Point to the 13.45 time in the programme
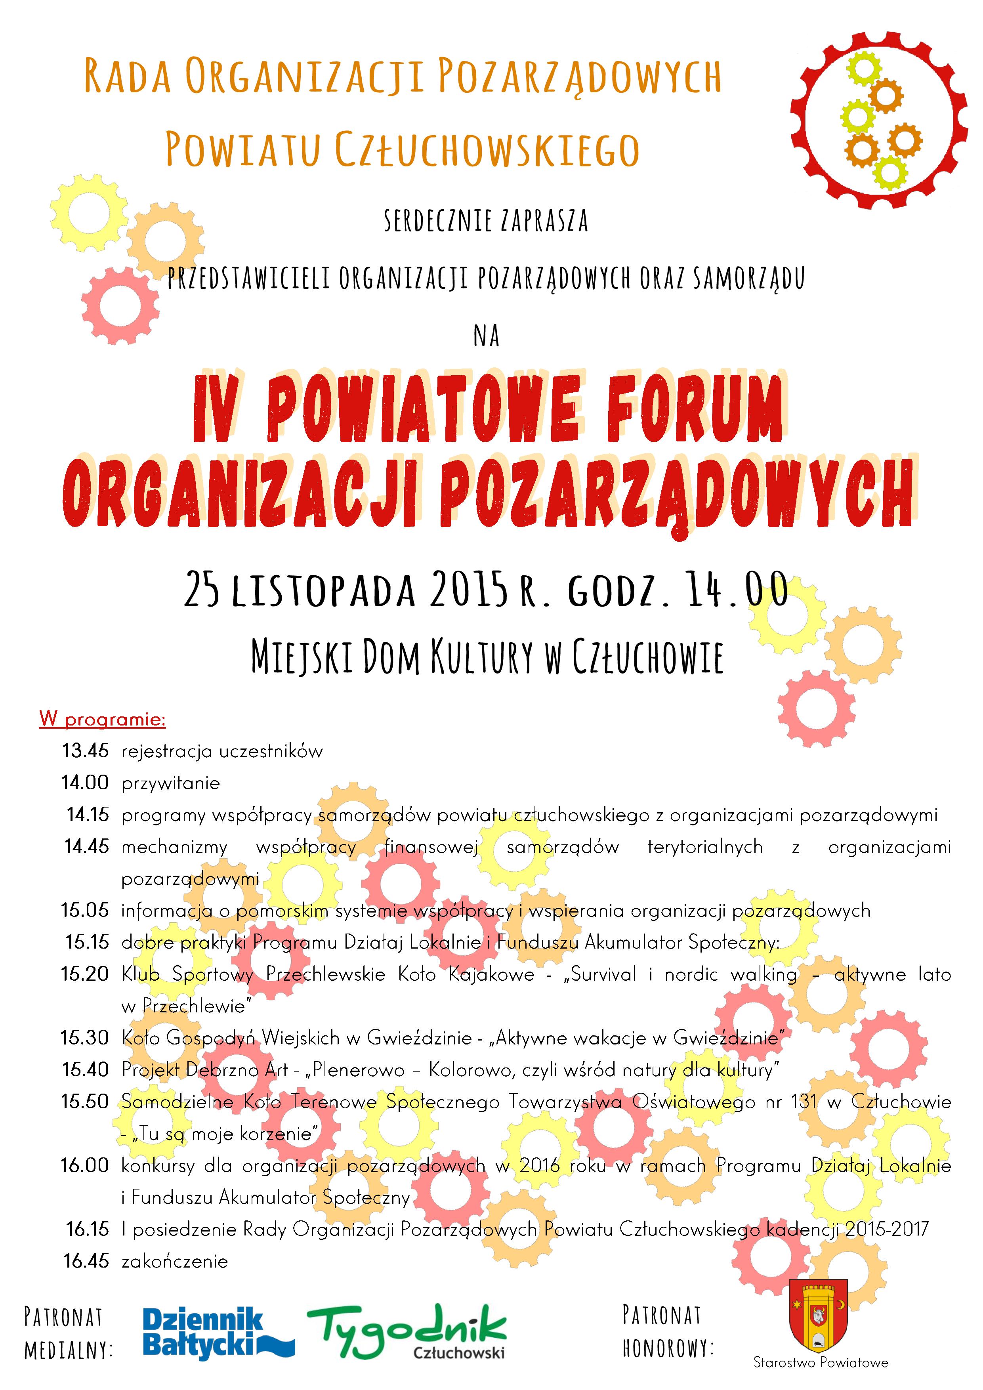pyautogui.click(x=85, y=751)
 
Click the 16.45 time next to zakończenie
pyautogui.click(x=86, y=1261)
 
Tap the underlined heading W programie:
pyautogui.click(x=102, y=719)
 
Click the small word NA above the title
pyautogui.click(x=487, y=336)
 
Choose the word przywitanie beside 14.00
pyautogui.click(x=171, y=783)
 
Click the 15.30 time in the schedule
pyautogui.click(x=85, y=1038)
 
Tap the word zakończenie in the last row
pyautogui.click(x=175, y=1262)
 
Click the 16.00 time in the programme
pyautogui.click(x=85, y=1165)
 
